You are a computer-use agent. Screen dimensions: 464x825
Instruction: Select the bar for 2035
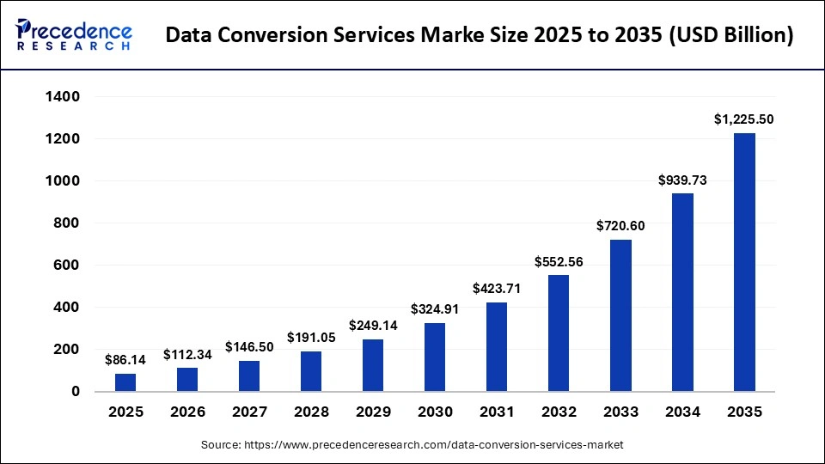pyautogui.click(x=744, y=262)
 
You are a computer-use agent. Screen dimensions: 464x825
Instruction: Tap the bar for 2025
pyautogui.click(x=125, y=382)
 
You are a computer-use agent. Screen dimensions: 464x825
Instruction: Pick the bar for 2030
pyautogui.click(x=435, y=357)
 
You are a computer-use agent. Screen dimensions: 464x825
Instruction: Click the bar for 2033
pyautogui.click(x=620, y=315)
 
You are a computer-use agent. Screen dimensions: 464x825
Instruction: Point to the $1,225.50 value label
pyautogui.click(x=744, y=120)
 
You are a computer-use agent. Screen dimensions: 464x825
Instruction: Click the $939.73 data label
pyautogui.click(x=682, y=180)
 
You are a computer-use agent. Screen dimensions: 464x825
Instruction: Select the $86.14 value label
pyautogui.click(x=125, y=360)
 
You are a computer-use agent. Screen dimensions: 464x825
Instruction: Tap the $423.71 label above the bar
pyautogui.click(x=497, y=289)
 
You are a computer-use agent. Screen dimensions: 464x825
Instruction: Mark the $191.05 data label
pyautogui.click(x=311, y=338)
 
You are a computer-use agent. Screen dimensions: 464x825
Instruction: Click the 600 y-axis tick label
pyautogui.click(x=68, y=266)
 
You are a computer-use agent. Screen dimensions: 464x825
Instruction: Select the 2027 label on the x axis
pyautogui.click(x=249, y=412)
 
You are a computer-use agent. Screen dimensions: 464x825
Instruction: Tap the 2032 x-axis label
pyautogui.click(x=559, y=412)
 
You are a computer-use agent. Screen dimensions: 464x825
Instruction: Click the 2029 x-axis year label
pyautogui.click(x=373, y=412)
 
